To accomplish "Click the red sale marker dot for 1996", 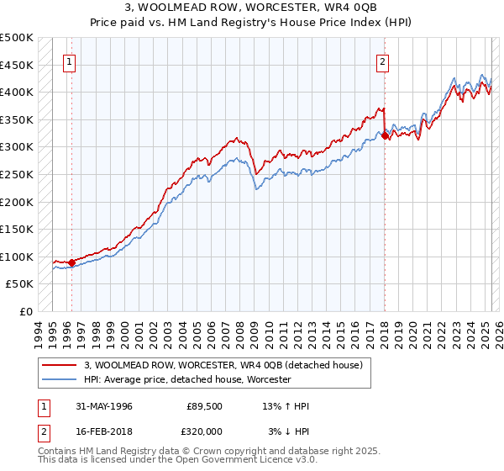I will point(72,262).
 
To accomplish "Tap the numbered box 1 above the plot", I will point(69,61).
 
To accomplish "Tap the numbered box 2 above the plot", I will point(382,61).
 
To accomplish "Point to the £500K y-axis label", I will point(17,38).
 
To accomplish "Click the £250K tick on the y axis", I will point(17,174).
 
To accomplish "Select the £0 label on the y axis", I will point(26,311).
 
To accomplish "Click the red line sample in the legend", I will point(60,365).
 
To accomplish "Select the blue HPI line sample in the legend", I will point(60,379).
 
